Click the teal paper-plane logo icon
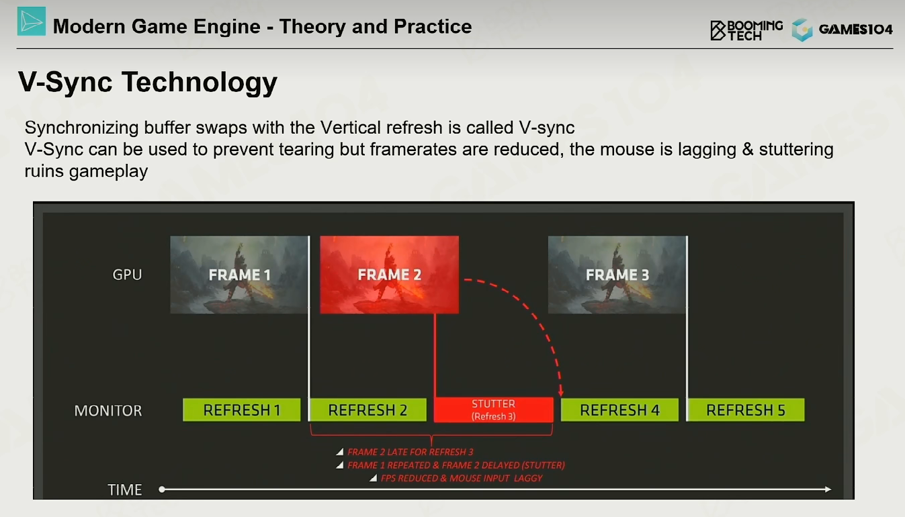click(32, 21)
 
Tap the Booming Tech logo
click(746, 30)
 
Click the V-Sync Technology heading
click(148, 83)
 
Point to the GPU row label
click(127, 275)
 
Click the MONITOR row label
click(108, 411)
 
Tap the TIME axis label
click(125, 490)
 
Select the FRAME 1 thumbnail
click(239, 275)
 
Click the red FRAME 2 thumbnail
click(390, 275)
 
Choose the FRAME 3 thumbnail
click(617, 275)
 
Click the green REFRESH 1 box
click(242, 410)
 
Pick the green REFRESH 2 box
click(368, 410)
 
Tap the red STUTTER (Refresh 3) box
click(494, 410)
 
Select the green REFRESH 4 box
click(619, 410)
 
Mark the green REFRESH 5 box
click(746, 410)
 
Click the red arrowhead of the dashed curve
click(561, 392)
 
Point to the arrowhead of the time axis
click(828, 489)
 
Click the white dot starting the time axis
click(162, 489)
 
